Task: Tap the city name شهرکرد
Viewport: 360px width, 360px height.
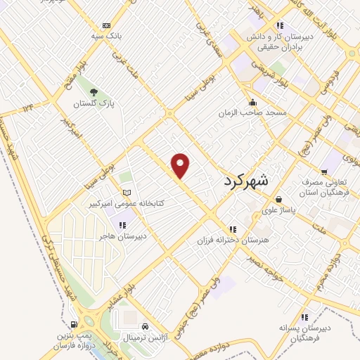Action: point(245,181)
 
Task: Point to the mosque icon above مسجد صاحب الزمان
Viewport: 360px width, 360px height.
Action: point(253,103)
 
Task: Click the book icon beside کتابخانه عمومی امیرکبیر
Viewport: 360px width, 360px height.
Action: point(127,193)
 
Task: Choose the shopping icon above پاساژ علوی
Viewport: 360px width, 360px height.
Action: point(279,199)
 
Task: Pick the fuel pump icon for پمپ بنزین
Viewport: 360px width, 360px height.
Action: point(74,324)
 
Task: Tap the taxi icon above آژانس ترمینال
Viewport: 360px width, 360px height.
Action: point(144,327)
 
